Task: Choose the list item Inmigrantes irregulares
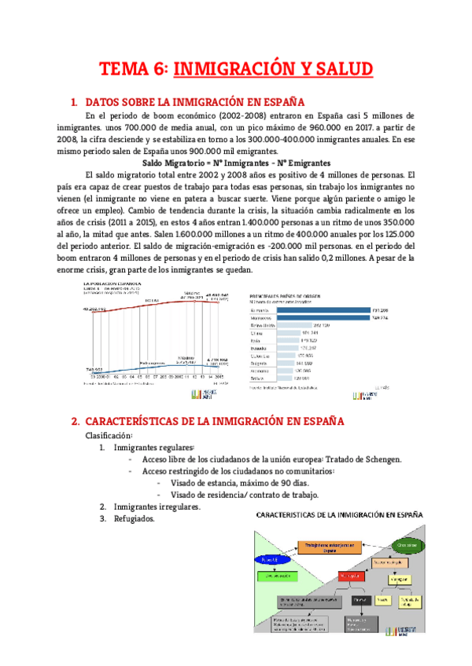tap(157, 507)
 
